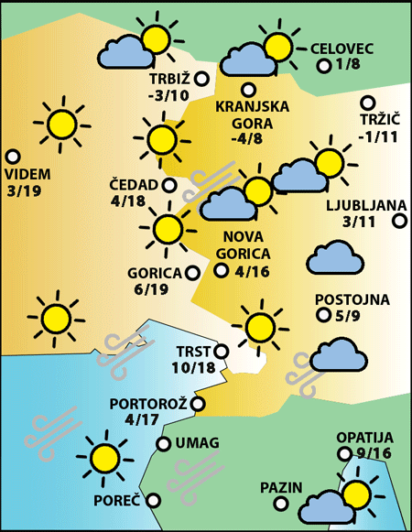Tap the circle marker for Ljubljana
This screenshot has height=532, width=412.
pyautogui.click(x=399, y=221)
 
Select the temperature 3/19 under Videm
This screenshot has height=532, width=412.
pyautogui.click(x=27, y=190)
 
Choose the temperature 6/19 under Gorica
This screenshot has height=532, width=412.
pyautogui.click(x=151, y=289)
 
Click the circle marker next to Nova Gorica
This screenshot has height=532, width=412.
pyautogui.click(x=221, y=270)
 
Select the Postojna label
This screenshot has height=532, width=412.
pyautogui.click(x=352, y=299)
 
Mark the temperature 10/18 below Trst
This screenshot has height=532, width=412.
pyautogui.click(x=193, y=368)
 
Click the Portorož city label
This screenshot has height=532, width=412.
pyautogui.click(x=148, y=403)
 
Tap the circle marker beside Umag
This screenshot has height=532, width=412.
pyautogui.click(x=163, y=444)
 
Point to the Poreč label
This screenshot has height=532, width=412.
pyautogui.click(x=116, y=501)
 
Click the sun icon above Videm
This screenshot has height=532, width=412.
pyautogui.click(x=61, y=121)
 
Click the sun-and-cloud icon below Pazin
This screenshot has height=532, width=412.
pyautogui.click(x=339, y=499)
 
